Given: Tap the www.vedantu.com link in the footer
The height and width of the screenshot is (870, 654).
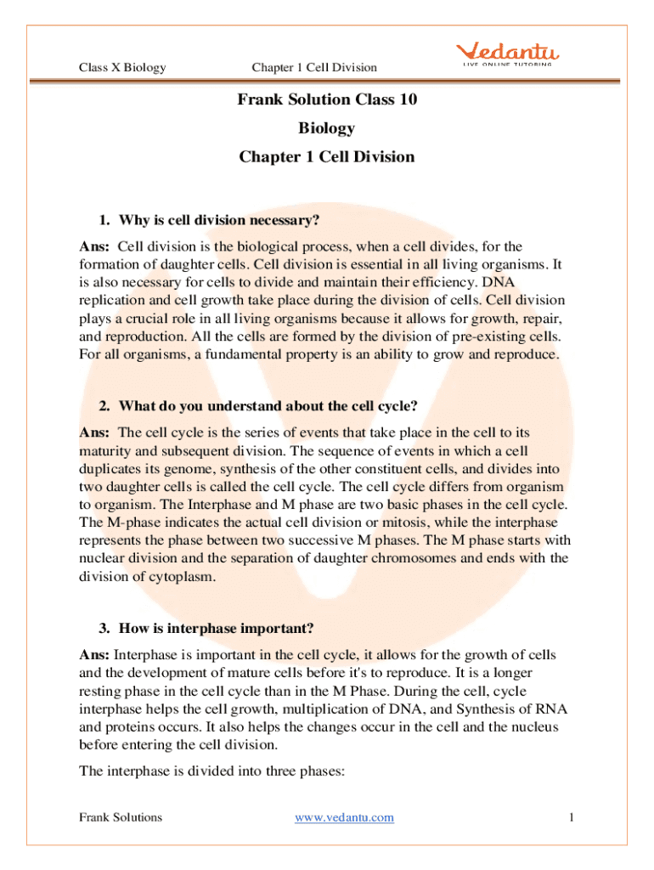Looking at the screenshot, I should (x=344, y=817).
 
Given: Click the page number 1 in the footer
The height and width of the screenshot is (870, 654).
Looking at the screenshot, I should (x=572, y=817).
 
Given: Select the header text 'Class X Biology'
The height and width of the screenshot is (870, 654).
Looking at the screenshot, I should (x=122, y=67).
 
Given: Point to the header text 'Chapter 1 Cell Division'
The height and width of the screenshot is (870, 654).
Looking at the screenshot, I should (x=314, y=67).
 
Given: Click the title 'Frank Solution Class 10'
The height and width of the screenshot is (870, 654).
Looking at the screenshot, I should (x=327, y=99).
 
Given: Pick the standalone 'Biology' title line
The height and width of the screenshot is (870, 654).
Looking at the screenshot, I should (x=327, y=128).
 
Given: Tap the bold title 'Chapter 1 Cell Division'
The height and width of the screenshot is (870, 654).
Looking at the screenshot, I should (x=327, y=157).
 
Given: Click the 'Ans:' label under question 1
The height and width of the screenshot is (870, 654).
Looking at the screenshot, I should (x=93, y=246).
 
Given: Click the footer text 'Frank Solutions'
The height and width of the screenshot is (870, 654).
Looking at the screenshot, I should (x=121, y=817).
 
